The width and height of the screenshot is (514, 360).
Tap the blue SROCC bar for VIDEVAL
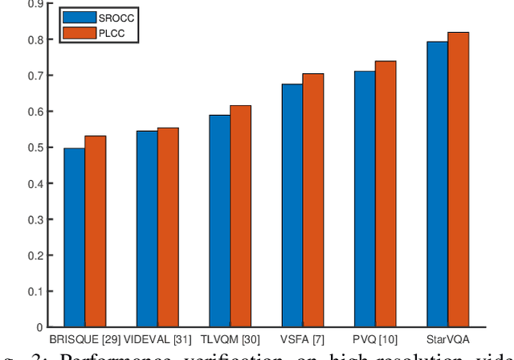click(147, 229)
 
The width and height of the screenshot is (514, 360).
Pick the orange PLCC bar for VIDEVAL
click(168, 227)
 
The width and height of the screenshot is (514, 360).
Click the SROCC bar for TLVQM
click(220, 221)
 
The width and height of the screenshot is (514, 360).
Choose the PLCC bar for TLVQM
click(241, 216)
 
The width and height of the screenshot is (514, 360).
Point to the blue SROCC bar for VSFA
click(292, 206)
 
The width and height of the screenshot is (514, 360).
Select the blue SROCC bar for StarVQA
click(438, 185)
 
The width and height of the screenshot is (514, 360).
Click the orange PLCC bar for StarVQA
click(458, 180)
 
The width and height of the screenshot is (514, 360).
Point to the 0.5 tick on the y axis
click(37, 148)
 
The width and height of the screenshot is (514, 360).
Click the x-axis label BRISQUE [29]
click(85, 340)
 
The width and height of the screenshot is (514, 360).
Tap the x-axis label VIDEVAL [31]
click(157, 340)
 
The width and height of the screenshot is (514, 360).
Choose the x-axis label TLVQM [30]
click(230, 340)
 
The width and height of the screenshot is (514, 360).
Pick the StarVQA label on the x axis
click(447, 340)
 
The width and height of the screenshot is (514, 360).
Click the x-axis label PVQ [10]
click(375, 340)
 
